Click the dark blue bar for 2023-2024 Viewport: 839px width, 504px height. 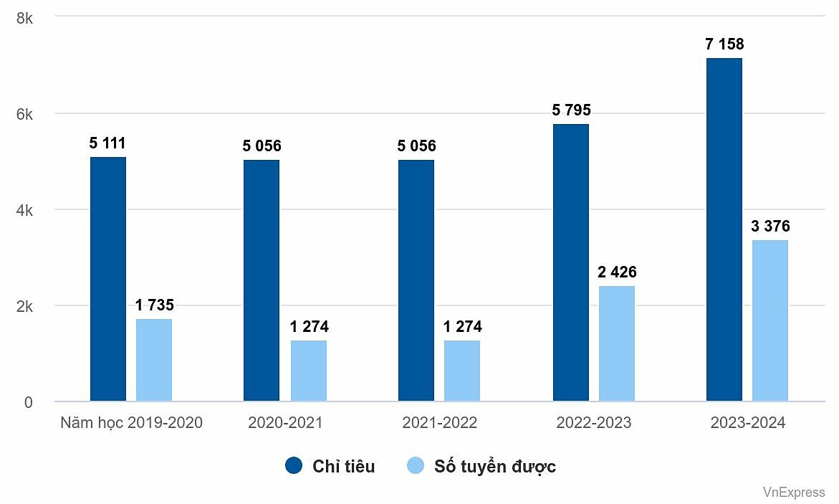pyautogui.click(x=724, y=229)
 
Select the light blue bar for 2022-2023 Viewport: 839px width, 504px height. pyautogui.click(x=617, y=344)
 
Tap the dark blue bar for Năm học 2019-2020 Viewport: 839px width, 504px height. pyautogui.click(x=108, y=279)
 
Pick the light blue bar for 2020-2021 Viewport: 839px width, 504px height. pyautogui.click(x=309, y=371)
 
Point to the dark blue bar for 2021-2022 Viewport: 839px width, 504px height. pyautogui.click(x=416, y=280)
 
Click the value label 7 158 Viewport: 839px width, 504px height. pyautogui.click(x=724, y=44)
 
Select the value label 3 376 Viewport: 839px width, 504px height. pyautogui.click(x=770, y=227)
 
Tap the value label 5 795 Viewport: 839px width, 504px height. pyautogui.click(x=571, y=110)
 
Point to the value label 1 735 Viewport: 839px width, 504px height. pyautogui.click(x=154, y=305)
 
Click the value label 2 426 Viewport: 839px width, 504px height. pyautogui.click(x=617, y=272)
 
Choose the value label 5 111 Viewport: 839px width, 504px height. pyautogui.click(x=107, y=143)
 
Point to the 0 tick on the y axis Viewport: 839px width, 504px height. pyautogui.click(x=28, y=402)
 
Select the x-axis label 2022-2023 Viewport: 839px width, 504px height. pyautogui.click(x=594, y=423)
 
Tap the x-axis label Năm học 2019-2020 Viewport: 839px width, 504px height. pyautogui.click(x=131, y=423)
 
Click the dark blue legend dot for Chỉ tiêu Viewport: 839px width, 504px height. pyautogui.click(x=294, y=466)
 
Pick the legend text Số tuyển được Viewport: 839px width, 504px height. pyautogui.click(x=494, y=467)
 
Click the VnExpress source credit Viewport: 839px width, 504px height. pyautogui.click(x=793, y=492)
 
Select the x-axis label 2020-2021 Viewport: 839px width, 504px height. pyautogui.click(x=285, y=423)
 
